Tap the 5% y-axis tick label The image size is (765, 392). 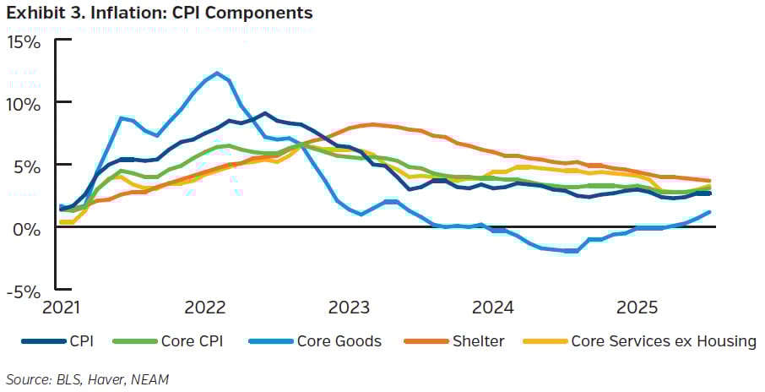pos(28,166)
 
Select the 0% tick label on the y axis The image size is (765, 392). pos(28,228)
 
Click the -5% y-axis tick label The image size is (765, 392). pos(25,291)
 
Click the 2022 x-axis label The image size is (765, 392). pos(203,305)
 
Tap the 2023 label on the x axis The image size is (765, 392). pos(347,305)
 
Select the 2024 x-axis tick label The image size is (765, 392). pos(491,305)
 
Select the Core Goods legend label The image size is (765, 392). pos(339,341)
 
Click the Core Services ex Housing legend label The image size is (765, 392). pos(663,341)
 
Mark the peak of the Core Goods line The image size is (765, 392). pos(218,73)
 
